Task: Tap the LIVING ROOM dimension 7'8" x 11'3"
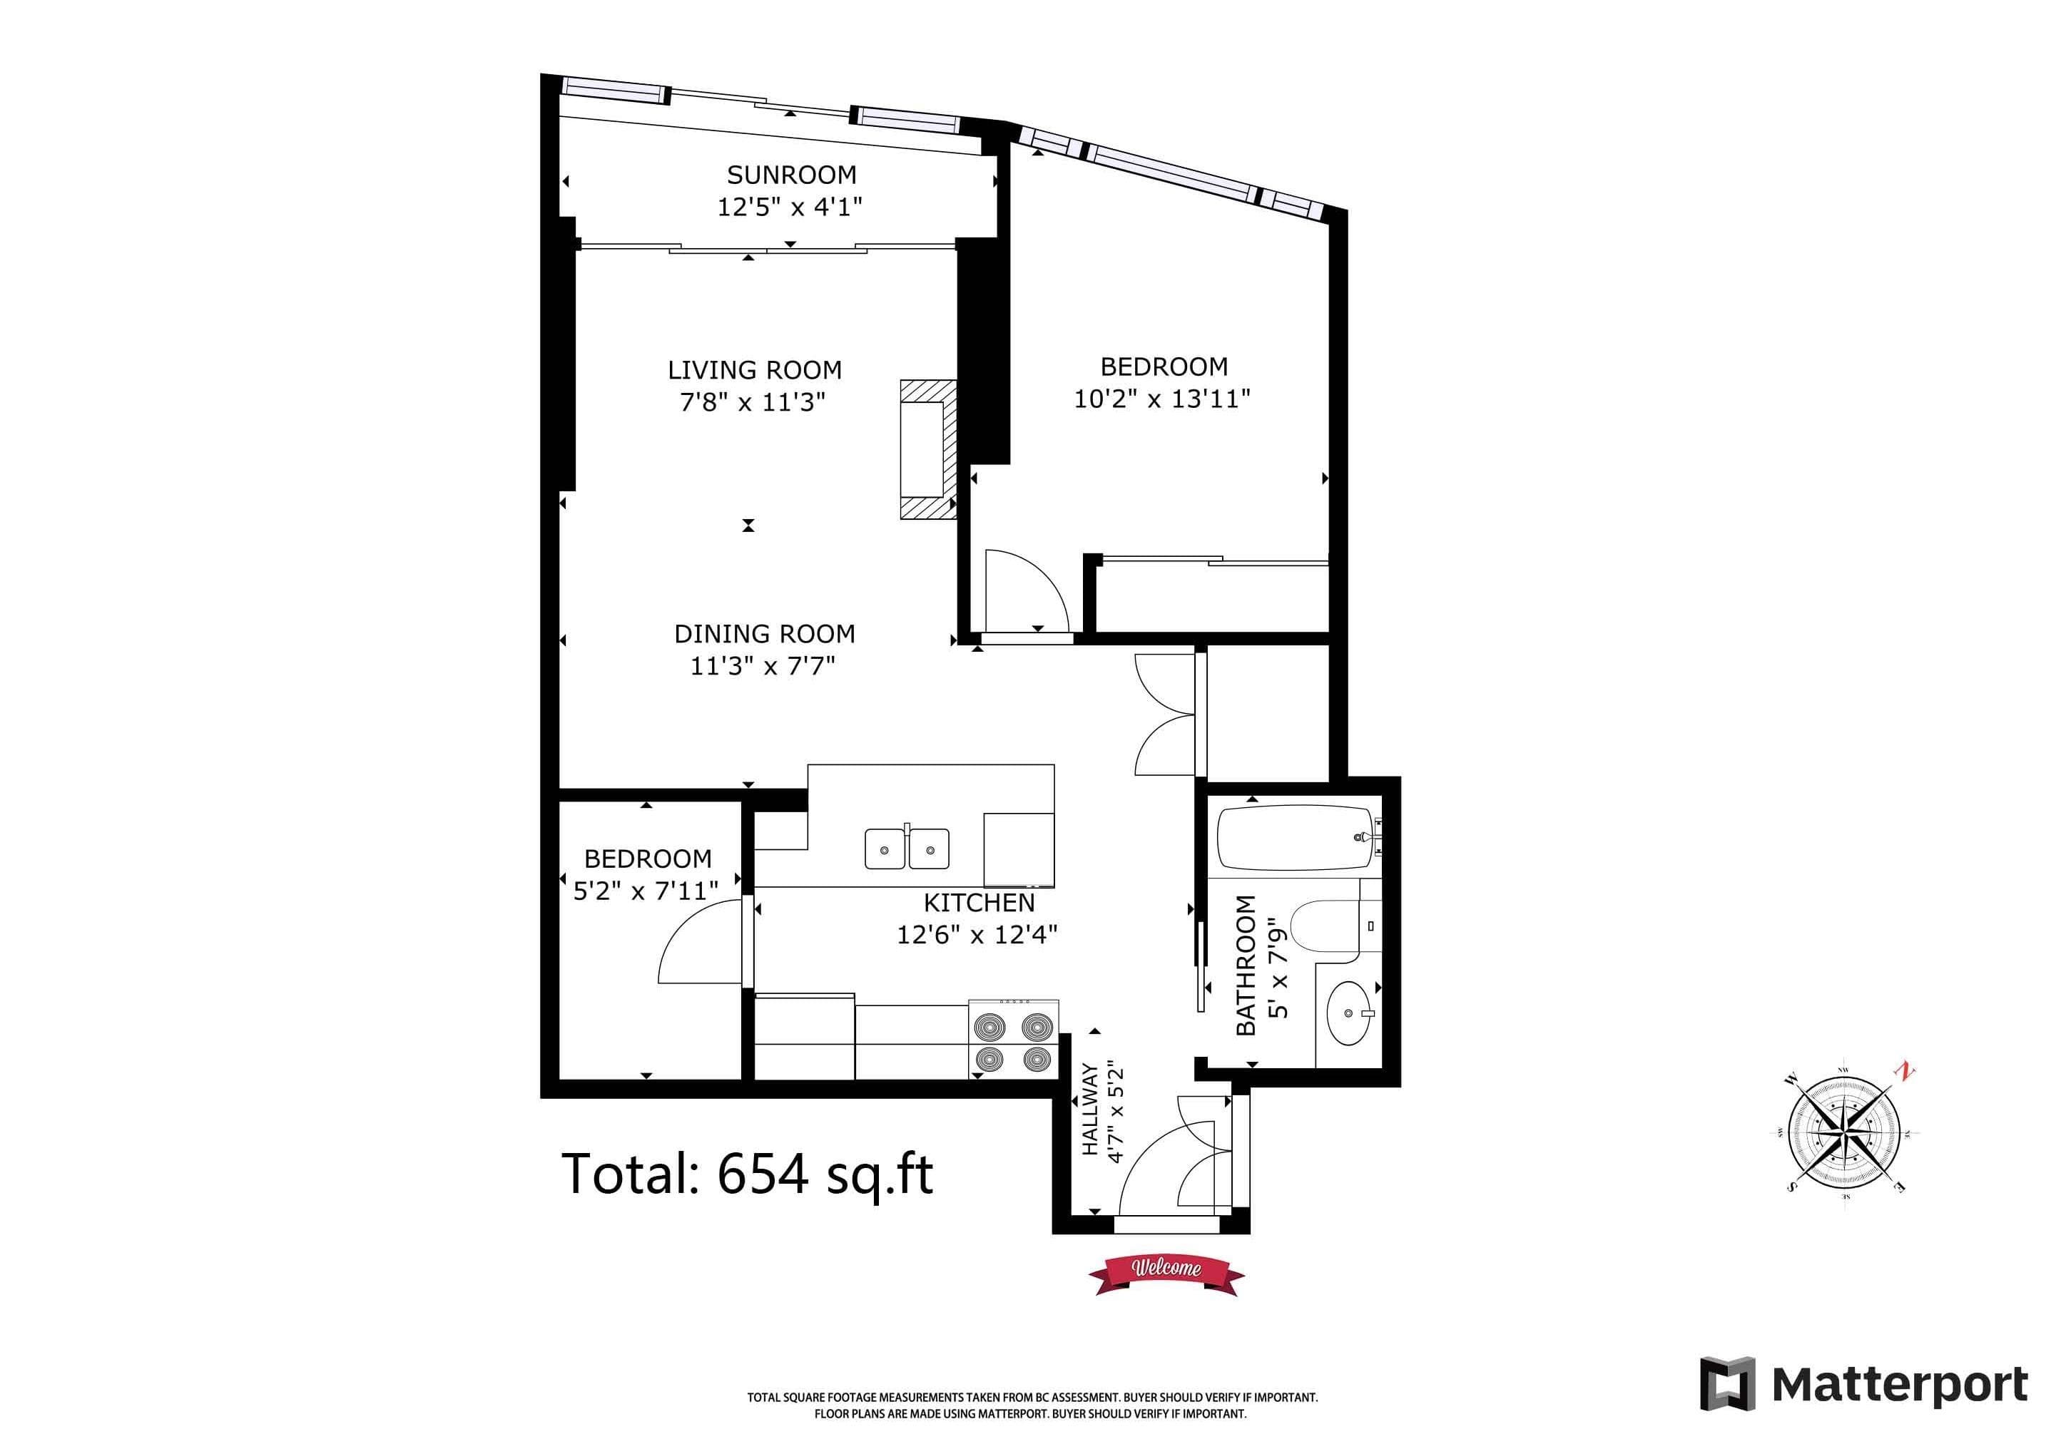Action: click(752, 402)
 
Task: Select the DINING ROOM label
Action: click(765, 634)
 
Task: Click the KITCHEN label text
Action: click(979, 903)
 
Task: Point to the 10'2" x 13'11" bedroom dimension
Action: click(1162, 399)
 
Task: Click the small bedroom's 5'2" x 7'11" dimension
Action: click(646, 891)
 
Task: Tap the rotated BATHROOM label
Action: click(1246, 966)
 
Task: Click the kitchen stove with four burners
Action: click(1014, 1039)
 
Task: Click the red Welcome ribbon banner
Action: click(1166, 1272)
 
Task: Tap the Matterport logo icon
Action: click(1726, 1384)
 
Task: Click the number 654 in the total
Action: click(763, 1174)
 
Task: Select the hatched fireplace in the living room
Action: click(929, 449)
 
